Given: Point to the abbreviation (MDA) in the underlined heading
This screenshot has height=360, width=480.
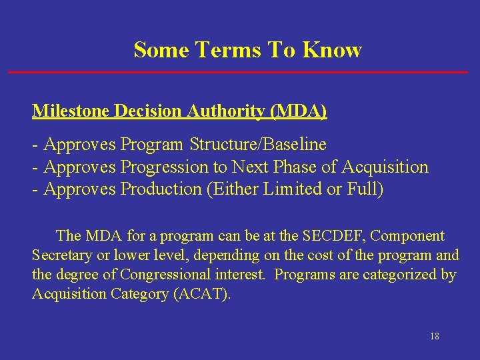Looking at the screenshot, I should (299, 111).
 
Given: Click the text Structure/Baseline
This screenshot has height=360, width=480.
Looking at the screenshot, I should (258, 144).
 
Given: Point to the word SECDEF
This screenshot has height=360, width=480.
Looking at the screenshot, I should (333, 235).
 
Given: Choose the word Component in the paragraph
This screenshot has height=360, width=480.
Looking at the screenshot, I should (407, 235).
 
